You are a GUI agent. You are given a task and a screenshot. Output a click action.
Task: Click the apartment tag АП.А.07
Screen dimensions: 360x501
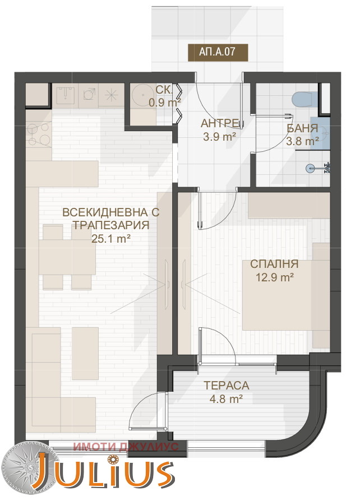pos(218,52)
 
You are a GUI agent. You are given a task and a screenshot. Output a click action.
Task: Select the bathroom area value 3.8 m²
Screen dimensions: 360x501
pos(302,141)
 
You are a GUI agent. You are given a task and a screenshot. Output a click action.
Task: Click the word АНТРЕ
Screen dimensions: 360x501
pos(220,124)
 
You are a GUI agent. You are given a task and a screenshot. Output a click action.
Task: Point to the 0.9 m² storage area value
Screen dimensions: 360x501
pos(165,103)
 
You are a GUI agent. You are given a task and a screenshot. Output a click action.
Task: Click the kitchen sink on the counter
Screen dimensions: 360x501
pos(65,95)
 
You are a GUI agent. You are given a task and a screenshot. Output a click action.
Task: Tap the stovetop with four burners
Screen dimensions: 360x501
pos(39,134)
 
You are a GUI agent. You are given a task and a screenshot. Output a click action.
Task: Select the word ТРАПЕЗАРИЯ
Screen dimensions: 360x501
pos(111,225)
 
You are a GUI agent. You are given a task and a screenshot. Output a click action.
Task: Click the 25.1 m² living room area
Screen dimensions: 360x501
pos(111,238)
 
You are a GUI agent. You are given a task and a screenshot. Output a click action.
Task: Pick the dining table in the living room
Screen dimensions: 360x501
pos(67,257)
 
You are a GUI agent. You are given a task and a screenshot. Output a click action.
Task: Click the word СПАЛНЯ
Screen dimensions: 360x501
pos(274,265)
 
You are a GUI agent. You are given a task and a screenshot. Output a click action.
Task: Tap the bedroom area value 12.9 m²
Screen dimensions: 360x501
pos(275,277)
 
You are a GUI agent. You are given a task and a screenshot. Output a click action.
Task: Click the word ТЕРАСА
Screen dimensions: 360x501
pos(227,386)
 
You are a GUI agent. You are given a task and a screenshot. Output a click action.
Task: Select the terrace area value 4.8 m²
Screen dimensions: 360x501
pos(226,399)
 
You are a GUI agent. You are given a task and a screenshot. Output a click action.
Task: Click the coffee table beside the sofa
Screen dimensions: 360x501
pos(85,354)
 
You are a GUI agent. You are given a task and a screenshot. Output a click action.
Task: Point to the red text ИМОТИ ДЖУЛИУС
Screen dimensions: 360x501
pos(126,447)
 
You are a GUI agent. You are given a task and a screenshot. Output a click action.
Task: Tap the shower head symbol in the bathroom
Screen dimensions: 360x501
pos(310,168)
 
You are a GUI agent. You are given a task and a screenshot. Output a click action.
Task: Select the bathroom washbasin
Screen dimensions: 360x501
pos(324,133)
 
